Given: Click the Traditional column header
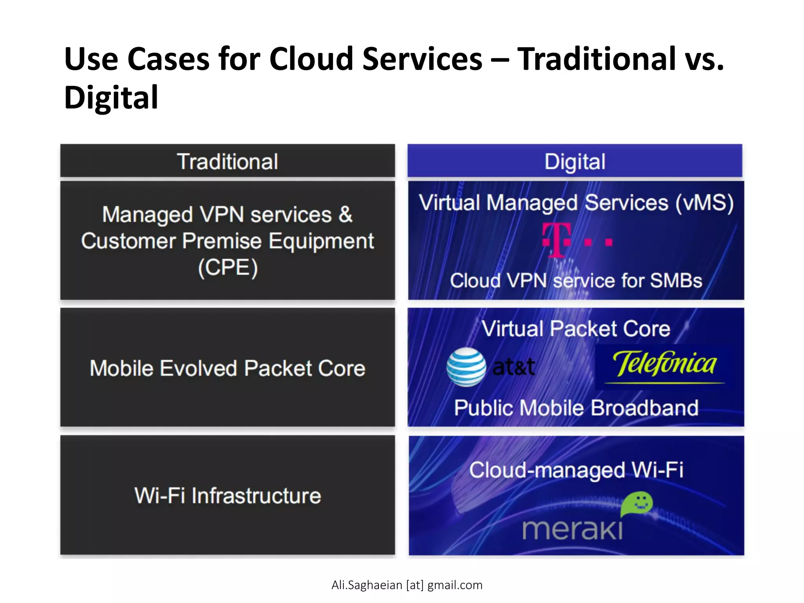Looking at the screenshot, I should coord(227,161).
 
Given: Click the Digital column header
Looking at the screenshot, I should coord(575,161).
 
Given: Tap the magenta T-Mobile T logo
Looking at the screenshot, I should coord(557,240).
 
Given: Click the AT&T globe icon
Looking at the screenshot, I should coord(466,367).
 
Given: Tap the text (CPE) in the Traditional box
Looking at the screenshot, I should coord(228,268).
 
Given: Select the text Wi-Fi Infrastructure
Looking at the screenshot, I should coord(228,495).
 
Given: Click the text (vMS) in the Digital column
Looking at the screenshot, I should coord(704,203).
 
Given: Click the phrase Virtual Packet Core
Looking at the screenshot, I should coord(576,329).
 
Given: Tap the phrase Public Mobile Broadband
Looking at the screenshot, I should coord(576,408).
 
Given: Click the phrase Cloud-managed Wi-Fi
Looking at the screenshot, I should coord(576,470).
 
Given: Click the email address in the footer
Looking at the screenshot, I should coord(407,585).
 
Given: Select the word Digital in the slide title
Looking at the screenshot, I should coord(111,97).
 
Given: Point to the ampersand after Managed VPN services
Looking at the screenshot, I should coord(345,215).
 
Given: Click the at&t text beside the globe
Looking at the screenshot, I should coord(513,367).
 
